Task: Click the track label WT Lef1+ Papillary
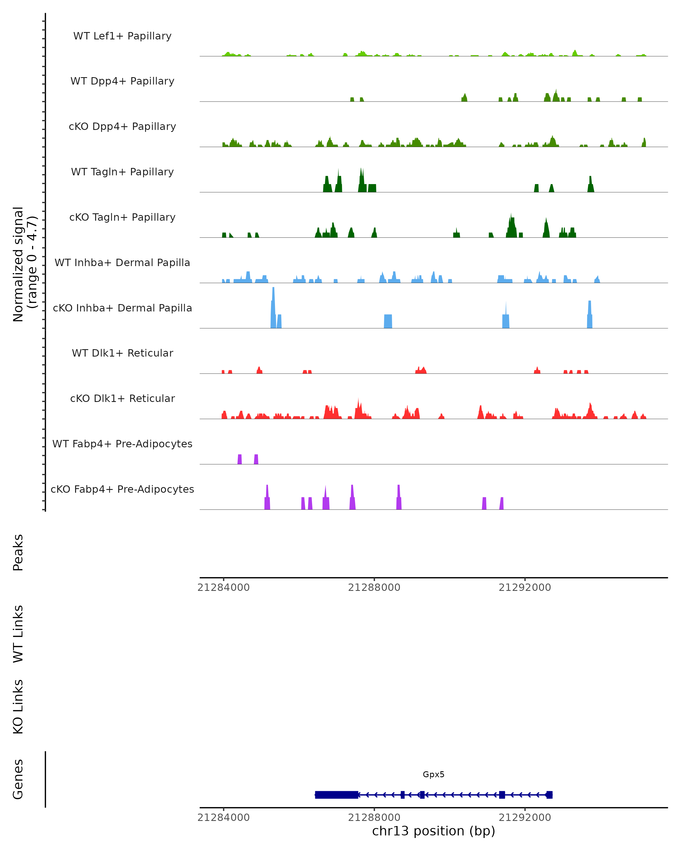point(122,36)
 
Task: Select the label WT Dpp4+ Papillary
point(122,81)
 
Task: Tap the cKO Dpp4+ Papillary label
point(122,127)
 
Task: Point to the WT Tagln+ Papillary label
point(122,172)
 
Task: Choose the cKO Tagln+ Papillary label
point(122,218)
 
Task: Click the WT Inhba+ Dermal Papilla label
point(122,263)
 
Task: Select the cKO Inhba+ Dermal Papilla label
point(122,308)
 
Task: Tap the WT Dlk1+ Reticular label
point(122,353)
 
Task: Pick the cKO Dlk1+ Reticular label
point(122,399)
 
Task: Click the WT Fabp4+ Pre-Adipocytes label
point(122,444)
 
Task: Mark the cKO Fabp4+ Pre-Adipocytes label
point(122,489)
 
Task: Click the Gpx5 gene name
point(434,774)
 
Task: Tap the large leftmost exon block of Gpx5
point(336,795)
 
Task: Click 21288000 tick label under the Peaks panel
point(374,587)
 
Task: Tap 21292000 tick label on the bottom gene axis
point(525,818)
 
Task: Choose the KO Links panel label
point(18,707)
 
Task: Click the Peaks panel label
point(18,553)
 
